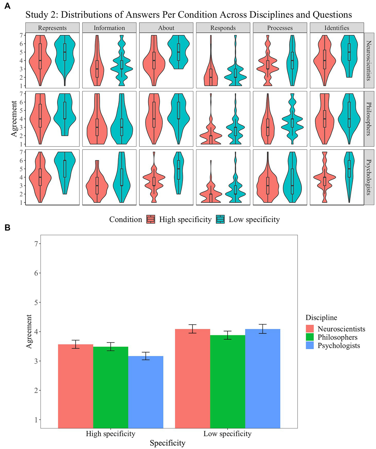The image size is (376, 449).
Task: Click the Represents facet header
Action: pyautogui.click(x=52, y=28)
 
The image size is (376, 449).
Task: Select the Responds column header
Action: pyautogui.click(x=223, y=28)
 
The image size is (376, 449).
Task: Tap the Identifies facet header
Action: pyautogui.click(x=337, y=28)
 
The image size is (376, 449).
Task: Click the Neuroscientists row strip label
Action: pyautogui.click(x=369, y=61)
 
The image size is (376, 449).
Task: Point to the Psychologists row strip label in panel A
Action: pyautogui.click(x=369, y=177)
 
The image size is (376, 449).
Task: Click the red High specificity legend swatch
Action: pyautogui.click(x=151, y=219)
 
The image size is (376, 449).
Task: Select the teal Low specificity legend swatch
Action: pyautogui.click(x=220, y=219)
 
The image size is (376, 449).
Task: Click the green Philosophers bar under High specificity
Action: pyautogui.click(x=111, y=388)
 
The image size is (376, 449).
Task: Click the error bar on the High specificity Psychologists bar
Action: pyautogui.click(x=146, y=356)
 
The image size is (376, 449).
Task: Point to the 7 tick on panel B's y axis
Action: pyautogui.click(x=36, y=244)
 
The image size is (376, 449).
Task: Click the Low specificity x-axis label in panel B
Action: pyautogui.click(x=227, y=434)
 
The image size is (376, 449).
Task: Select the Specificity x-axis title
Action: pyautogui.click(x=167, y=443)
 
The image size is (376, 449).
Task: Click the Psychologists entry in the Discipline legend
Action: pyautogui.click(x=338, y=345)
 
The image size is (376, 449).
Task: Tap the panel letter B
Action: pyautogui.click(x=7, y=228)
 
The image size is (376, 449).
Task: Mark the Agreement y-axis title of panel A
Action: pyautogui.click(x=14, y=119)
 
